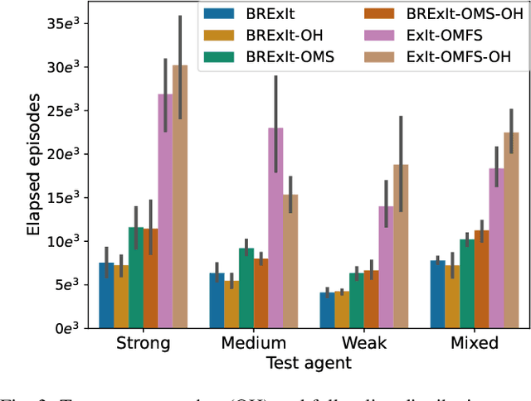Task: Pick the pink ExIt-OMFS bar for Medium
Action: coord(276,228)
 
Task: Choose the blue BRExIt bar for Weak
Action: coord(328,309)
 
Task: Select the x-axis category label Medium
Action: coord(254,343)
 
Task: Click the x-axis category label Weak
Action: coord(364,343)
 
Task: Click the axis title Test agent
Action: coord(309,362)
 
